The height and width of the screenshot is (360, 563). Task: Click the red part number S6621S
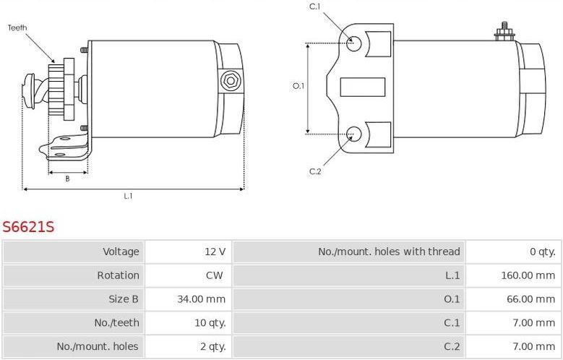(28, 227)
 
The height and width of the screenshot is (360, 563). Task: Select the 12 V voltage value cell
(215, 252)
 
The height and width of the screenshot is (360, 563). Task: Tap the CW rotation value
(215, 275)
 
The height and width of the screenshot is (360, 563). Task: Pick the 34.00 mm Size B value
(202, 299)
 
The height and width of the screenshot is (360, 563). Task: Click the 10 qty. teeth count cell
(210, 322)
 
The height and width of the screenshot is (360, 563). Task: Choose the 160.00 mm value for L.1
(528, 275)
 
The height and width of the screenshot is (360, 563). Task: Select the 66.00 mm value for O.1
(531, 299)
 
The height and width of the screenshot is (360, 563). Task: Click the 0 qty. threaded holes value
(543, 252)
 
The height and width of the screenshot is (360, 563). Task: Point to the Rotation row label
(118, 275)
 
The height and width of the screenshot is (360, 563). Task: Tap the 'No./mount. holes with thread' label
(389, 252)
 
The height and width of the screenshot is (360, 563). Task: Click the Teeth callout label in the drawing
(17, 27)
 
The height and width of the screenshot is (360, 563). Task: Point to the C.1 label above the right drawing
(315, 7)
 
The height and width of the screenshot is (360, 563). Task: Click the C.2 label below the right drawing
(315, 171)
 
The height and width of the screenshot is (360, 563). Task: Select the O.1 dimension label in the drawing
(298, 86)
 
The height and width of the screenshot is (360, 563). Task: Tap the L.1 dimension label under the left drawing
(128, 196)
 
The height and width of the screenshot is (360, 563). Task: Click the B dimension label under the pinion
(67, 179)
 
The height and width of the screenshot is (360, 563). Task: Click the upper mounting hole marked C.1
(353, 44)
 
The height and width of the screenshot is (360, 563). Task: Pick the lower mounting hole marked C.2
(353, 134)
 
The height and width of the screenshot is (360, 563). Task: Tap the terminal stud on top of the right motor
(504, 32)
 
